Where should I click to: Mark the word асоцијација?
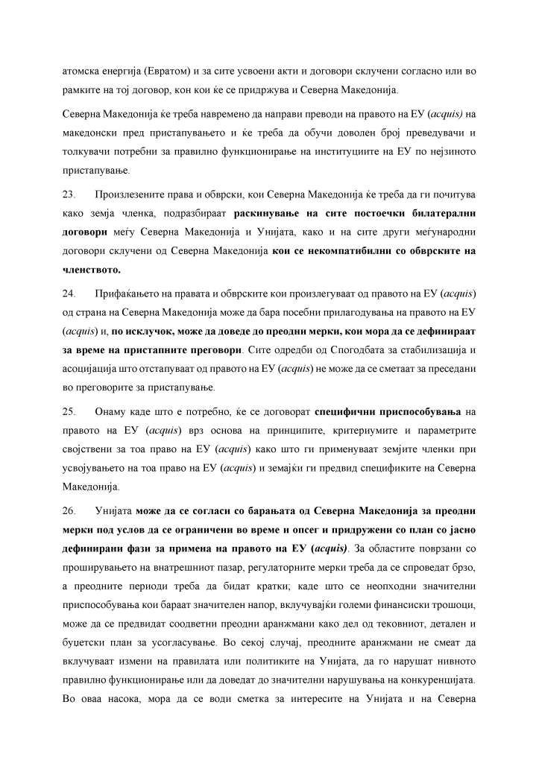90,368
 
